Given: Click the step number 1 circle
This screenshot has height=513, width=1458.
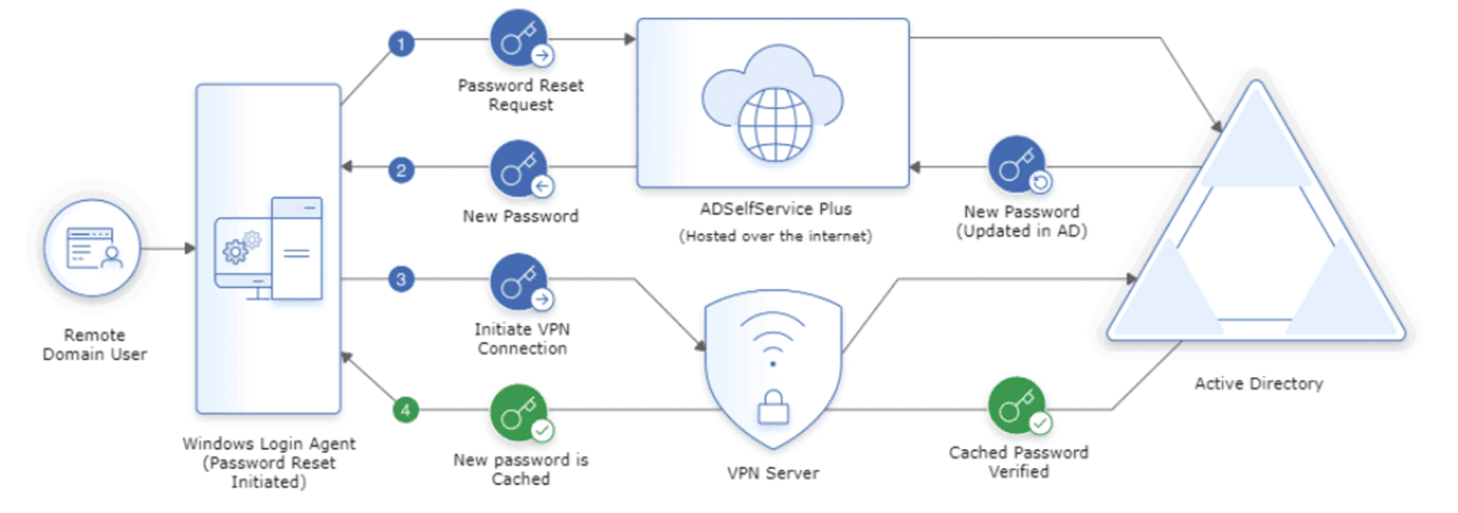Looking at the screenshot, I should (401, 43).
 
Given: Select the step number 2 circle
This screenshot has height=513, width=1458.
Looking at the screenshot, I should (401, 170).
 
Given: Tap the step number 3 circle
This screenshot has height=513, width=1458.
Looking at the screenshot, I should (401, 279).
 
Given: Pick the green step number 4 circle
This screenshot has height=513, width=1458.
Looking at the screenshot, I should (406, 410).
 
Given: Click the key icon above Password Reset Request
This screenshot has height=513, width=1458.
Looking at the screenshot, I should (519, 39).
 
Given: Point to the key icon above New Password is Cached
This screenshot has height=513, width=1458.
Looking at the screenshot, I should (519, 413).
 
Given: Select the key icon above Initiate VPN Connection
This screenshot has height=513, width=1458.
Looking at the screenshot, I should (519, 282).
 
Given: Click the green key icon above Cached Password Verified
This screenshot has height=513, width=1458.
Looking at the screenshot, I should (1016, 406).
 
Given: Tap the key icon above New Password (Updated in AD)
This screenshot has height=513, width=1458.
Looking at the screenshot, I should (1016, 165).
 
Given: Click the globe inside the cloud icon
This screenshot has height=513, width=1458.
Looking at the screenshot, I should (774, 124).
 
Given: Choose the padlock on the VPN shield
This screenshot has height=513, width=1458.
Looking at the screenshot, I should (772, 408).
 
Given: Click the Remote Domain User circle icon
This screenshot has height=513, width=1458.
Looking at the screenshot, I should (93, 248).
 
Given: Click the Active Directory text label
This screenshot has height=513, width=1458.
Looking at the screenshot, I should (1258, 384).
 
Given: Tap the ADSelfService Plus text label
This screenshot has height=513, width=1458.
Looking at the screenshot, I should (775, 209).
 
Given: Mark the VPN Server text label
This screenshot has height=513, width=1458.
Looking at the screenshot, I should (772, 473).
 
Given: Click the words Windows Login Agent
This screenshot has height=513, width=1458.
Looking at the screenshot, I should (269, 444).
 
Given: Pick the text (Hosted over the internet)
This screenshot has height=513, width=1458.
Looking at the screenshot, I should (775, 236).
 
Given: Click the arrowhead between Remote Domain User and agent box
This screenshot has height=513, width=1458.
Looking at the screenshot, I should (190, 248).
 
